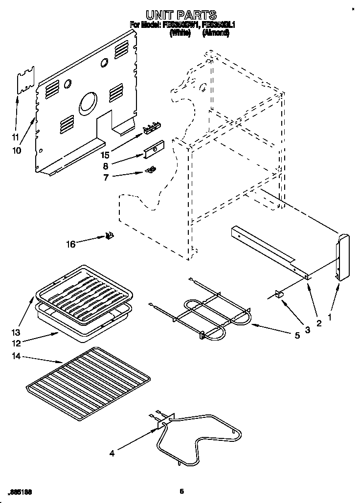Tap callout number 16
(71, 244)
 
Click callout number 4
(112, 453)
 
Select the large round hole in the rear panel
(88, 103)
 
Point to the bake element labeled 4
(201, 438)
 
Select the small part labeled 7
(152, 169)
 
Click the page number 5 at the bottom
(181, 491)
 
